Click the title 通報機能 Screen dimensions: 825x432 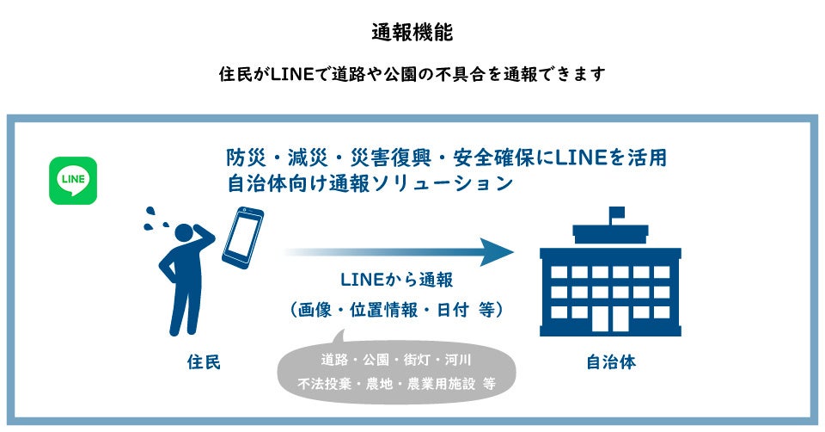click(x=412, y=33)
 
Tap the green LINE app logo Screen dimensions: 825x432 click(x=73, y=180)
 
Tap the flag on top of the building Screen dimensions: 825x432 click(x=616, y=213)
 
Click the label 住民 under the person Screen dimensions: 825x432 click(x=204, y=362)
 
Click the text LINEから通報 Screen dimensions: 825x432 click(x=396, y=281)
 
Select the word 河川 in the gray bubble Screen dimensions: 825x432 click(x=465, y=359)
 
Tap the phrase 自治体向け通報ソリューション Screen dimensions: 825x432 click(x=370, y=183)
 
